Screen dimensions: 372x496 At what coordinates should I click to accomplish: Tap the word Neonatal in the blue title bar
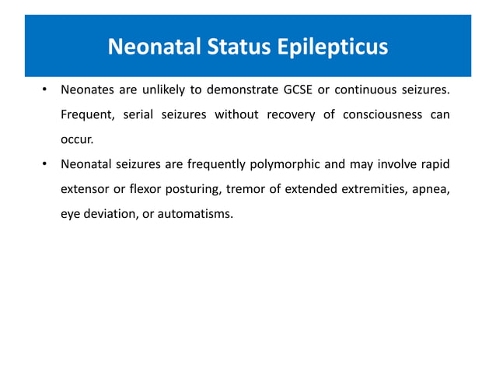[151, 48]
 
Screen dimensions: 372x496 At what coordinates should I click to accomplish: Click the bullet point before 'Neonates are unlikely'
[46, 90]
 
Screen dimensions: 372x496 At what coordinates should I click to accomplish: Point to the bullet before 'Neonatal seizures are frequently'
[46, 164]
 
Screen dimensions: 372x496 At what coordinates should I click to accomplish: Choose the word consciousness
[380, 115]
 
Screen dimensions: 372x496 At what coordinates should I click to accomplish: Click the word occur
[76, 140]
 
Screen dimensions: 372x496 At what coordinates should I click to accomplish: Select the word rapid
[434, 164]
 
